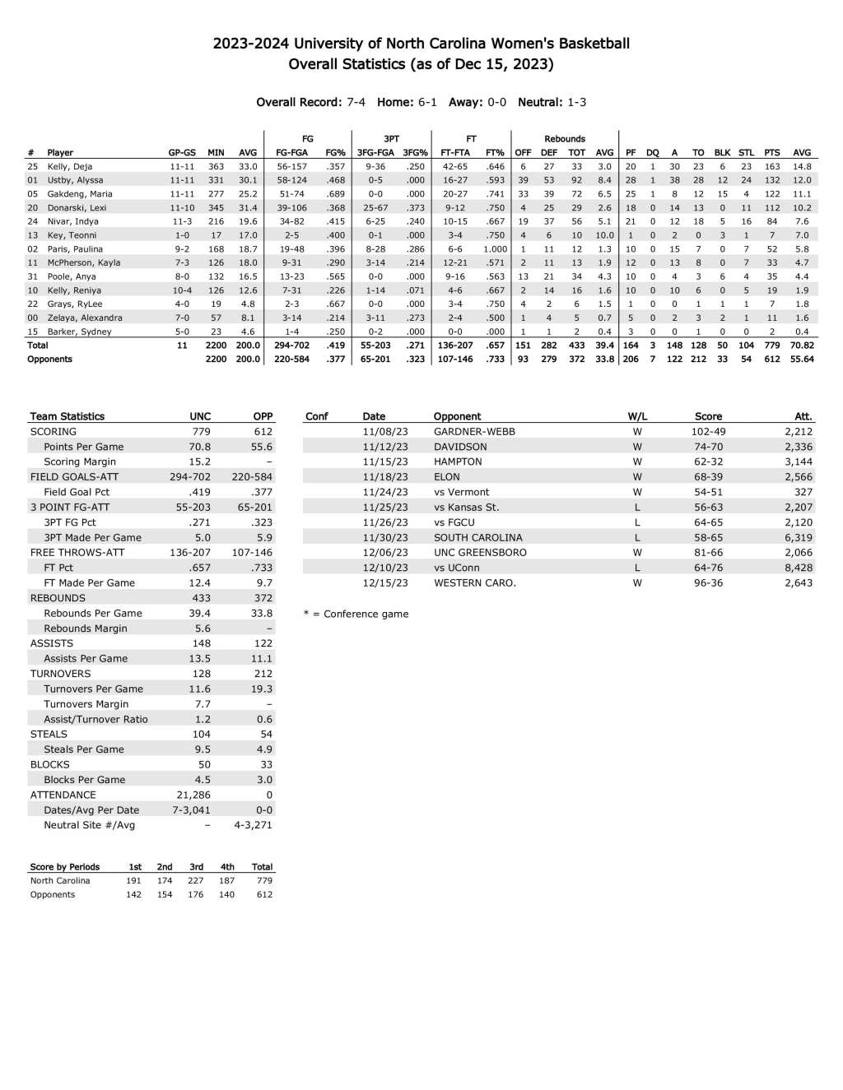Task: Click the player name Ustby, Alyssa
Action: pos(75,180)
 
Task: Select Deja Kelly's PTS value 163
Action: pos(772,166)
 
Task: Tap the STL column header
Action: pos(746,152)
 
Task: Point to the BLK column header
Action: pos(722,152)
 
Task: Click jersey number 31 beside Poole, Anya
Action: pos(33,276)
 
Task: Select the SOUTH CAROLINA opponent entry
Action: pos(477,537)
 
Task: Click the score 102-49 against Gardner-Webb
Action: pos(708,431)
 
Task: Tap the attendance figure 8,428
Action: pos(798,568)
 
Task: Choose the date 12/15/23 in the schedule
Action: pos(385,582)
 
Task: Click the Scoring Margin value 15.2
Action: pos(199,462)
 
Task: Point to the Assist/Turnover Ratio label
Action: pos(95,719)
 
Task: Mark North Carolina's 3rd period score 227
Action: pos(195,880)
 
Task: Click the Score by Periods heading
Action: pos(64,867)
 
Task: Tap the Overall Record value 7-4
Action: pos(356,102)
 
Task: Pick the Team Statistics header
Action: pos(68,416)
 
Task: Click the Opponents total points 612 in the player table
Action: pos(772,359)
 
